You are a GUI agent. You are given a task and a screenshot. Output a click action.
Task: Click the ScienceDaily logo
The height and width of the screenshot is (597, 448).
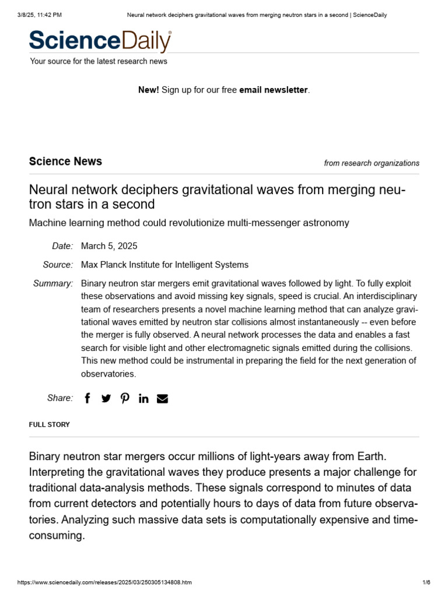click(x=100, y=41)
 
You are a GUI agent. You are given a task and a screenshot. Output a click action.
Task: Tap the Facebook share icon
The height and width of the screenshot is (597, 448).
click(x=87, y=398)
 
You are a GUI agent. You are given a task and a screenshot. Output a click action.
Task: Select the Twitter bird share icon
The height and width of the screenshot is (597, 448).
click(x=106, y=398)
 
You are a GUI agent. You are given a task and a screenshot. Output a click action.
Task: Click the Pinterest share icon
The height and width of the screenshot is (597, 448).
click(x=125, y=398)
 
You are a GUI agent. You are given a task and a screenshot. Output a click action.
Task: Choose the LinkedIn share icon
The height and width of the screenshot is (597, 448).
click(x=143, y=398)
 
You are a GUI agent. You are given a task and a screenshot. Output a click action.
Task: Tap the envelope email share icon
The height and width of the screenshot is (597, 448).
click(x=162, y=398)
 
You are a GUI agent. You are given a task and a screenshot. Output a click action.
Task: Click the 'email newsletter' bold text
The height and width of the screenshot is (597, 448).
click(x=273, y=90)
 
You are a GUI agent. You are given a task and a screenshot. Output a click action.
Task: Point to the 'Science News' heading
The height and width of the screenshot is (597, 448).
click(x=65, y=161)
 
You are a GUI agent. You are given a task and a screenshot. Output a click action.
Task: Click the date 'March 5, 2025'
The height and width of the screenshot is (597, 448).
click(x=109, y=246)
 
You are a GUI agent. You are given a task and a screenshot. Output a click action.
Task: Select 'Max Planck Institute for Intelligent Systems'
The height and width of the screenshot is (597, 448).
click(x=164, y=265)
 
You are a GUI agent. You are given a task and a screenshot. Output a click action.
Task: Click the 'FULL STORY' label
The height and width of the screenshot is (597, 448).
click(x=49, y=424)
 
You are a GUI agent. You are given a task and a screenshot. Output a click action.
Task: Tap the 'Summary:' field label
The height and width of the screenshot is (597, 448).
click(x=53, y=283)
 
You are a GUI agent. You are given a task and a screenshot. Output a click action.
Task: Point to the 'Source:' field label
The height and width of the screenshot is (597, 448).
click(x=58, y=265)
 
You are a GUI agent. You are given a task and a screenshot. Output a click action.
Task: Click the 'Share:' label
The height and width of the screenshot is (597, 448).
click(x=60, y=398)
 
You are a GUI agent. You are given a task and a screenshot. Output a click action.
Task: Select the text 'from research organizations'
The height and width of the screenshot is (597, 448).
click(x=371, y=163)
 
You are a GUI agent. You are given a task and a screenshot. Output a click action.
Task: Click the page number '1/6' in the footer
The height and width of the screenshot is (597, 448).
click(x=426, y=582)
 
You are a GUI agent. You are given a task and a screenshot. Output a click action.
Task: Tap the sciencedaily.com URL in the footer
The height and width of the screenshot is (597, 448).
click(x=104, y=582)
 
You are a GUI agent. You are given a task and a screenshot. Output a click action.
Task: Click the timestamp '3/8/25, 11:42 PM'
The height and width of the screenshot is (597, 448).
click(x=40, y=15)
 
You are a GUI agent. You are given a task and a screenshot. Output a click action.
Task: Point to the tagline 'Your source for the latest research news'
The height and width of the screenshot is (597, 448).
click(x=99, y=61)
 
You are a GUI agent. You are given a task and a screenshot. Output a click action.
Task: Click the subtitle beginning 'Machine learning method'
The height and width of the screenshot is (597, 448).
click(x=189, y=223)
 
